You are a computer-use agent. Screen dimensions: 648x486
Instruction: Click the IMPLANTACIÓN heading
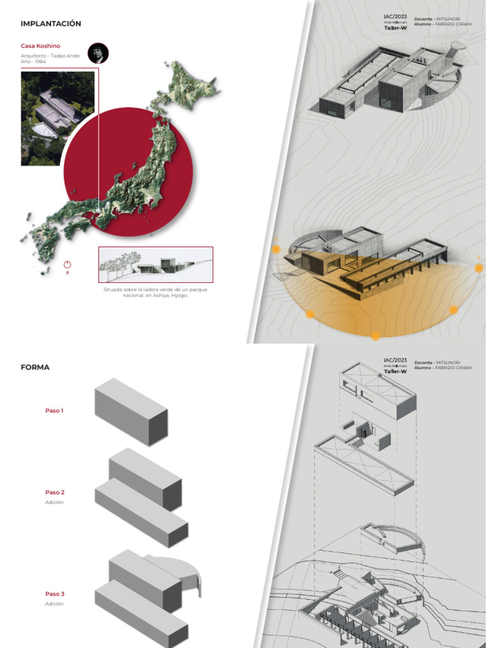51,23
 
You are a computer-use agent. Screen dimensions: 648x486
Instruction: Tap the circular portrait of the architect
98,54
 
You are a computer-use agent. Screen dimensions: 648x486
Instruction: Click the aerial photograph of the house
58,118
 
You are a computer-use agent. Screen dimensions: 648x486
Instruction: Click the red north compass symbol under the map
68,265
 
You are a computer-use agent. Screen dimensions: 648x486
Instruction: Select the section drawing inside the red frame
156,264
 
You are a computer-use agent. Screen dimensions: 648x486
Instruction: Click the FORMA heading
35,367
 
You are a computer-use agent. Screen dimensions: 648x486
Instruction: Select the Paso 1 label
54,411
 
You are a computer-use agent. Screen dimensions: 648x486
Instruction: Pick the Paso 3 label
54,594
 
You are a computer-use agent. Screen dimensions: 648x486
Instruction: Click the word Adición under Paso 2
54,502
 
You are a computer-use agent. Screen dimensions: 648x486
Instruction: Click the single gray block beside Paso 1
131,411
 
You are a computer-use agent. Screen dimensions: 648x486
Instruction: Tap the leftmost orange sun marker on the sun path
276,249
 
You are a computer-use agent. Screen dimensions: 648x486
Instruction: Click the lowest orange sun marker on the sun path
375,335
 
